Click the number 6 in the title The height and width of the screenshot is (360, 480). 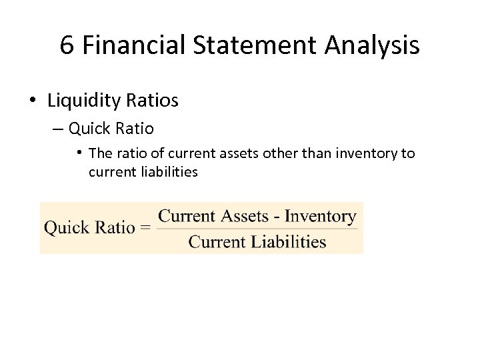click(67, 45)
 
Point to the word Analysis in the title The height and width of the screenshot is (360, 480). click(373, 45)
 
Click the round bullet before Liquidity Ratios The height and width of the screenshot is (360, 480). click(32, 101)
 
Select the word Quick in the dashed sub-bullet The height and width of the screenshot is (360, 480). click(91, 127)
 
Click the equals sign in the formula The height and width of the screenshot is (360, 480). click(145, 228)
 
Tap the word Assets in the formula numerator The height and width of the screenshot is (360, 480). click(245, 216)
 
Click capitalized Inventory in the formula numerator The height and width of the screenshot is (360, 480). click(320, 216)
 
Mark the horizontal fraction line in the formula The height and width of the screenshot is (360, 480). click(257, 229)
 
